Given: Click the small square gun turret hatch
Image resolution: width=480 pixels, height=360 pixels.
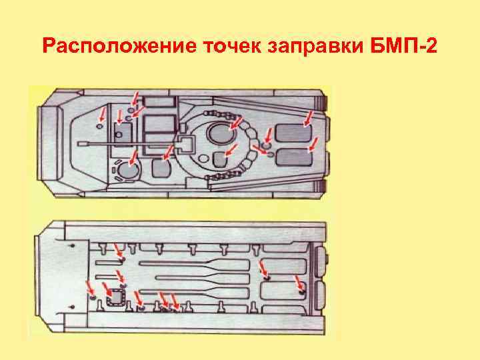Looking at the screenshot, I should [x=184, y=143].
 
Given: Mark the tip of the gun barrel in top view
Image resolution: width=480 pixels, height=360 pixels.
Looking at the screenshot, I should [x=80, y=142].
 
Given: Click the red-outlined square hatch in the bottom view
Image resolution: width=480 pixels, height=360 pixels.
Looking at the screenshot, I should [x=117, y=297].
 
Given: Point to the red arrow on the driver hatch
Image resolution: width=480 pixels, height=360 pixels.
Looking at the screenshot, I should [x=134, y=158].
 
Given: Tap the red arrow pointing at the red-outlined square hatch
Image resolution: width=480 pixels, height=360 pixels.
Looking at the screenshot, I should [x=125, y=294].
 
